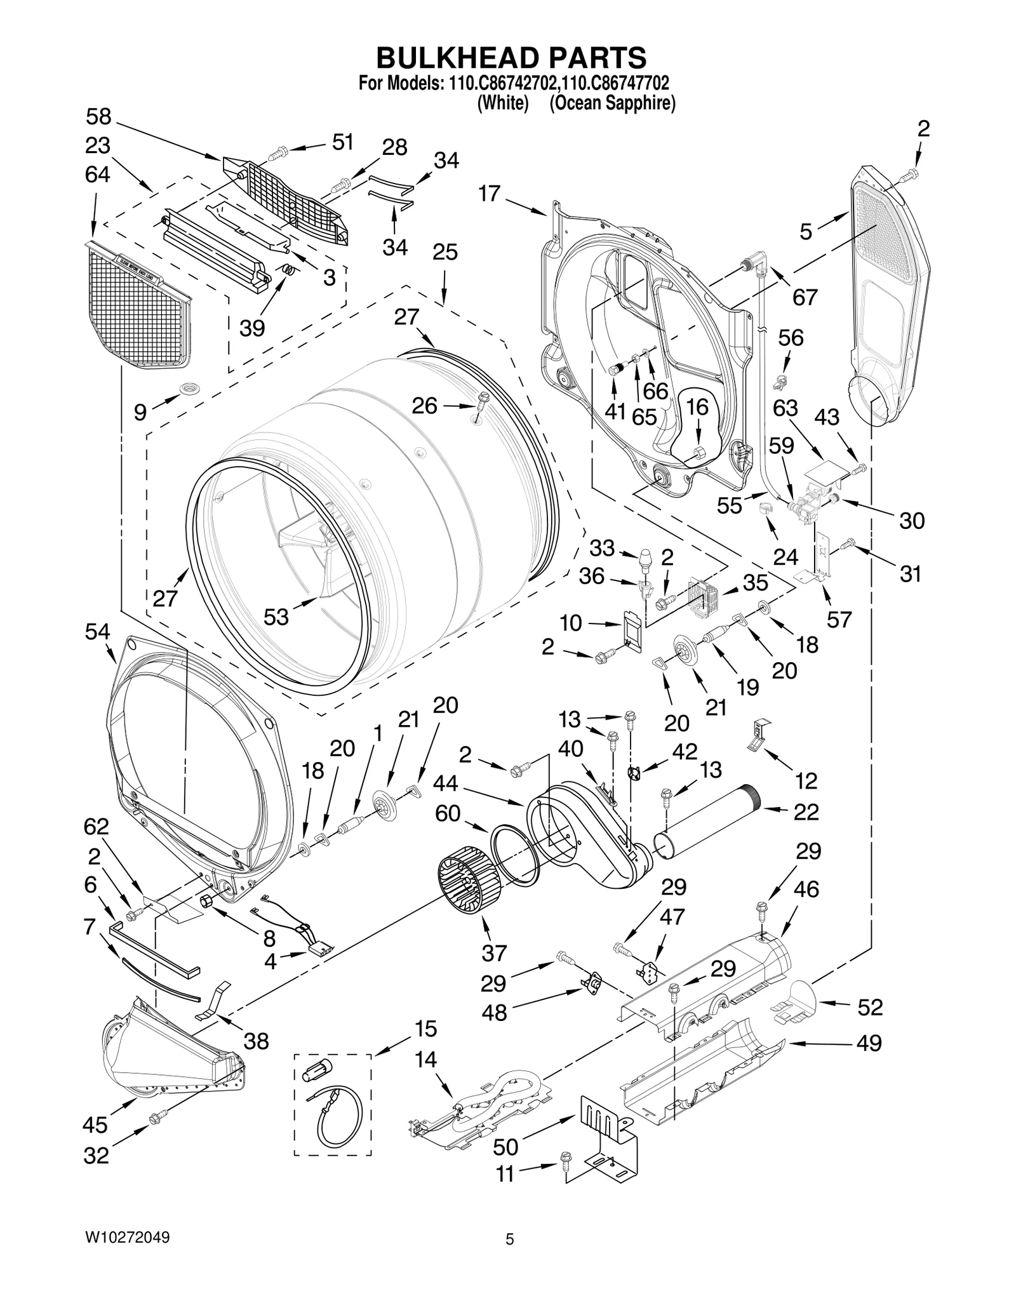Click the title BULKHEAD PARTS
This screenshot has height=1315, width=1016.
coord(511,57)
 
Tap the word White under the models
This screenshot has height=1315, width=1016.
coord(502,103)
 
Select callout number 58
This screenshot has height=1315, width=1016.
coord(98,117)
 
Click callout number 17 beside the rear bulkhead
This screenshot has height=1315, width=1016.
coord(490,193)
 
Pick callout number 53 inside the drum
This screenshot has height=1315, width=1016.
coord(276,616)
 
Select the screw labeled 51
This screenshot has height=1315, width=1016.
coord(278,152)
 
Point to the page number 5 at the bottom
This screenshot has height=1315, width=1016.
coord(509,1239)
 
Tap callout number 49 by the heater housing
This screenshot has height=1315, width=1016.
coord(869,1043)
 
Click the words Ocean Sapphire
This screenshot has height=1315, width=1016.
coord(612,103)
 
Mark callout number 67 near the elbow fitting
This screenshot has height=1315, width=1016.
coord(805,297)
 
